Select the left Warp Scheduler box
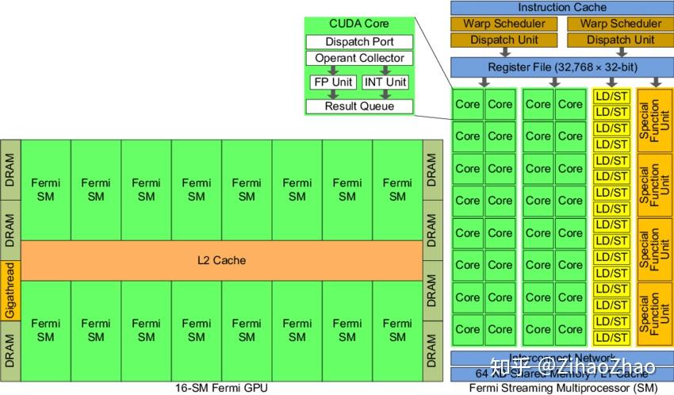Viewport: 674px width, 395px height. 504,24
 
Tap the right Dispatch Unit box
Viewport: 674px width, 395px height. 620,40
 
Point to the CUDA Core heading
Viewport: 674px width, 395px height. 359,24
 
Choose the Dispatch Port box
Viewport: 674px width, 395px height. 359,42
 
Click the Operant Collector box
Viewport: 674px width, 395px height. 359,58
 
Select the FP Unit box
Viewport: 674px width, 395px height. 333,82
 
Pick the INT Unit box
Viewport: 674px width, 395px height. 385,82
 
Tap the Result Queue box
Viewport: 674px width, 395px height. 359,106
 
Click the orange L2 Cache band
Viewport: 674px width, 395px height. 221,260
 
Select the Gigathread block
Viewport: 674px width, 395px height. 10,290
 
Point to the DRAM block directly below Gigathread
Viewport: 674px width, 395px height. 10,349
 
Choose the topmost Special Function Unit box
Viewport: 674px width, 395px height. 655,121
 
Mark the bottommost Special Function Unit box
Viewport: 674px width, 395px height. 655,313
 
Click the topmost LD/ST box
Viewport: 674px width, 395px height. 611,96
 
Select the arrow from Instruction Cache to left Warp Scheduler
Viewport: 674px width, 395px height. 504,16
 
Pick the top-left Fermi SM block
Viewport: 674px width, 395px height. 45,190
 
